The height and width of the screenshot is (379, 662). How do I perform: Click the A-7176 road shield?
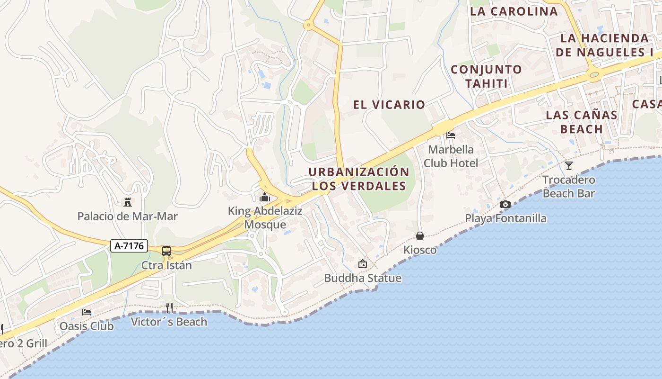click(130, 246)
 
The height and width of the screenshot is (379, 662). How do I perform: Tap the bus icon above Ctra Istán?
click(166, 251)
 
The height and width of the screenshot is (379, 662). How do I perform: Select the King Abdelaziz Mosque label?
click(265, 218)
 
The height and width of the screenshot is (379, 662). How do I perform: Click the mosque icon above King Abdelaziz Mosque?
click(265, 197)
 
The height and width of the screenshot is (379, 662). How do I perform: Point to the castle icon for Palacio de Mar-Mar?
click(127, 203)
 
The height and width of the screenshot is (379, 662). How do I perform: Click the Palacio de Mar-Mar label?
click(128, 217)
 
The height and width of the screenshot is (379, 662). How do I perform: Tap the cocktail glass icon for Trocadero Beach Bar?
click(568, 166)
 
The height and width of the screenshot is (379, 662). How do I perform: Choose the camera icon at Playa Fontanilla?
click(505, 205)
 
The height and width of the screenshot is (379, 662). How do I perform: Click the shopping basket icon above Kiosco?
click(420, 236)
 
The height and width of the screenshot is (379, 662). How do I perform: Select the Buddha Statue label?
click(363, 278)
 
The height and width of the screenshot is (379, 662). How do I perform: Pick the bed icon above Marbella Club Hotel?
click(451, 135)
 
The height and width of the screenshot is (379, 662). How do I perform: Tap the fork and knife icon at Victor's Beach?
click(169, 308)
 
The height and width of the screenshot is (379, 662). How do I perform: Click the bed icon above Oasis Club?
click(87, 312)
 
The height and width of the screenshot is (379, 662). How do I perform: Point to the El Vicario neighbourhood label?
click(389, 105)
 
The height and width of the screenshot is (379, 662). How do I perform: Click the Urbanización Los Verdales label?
click(359, 179)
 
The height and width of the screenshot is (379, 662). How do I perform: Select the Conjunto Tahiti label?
click(486, 76)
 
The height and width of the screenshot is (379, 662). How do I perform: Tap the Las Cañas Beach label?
click(581, 122)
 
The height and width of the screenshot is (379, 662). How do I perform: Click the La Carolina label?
click(514, 11)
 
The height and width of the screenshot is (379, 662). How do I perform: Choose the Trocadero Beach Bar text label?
click(569, 187)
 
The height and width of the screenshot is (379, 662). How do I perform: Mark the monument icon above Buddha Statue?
click(363, 264)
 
